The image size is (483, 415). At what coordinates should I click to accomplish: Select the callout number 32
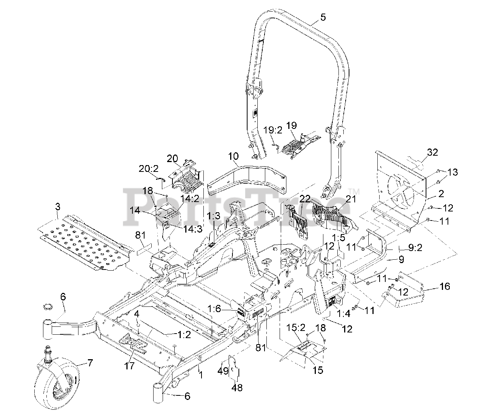[433, 153]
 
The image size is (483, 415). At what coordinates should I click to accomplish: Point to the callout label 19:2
[273, 130]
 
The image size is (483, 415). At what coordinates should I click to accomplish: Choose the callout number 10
[233, 156]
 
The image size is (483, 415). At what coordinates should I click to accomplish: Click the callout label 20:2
[148, 169]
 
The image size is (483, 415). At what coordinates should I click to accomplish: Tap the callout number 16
[445, 286]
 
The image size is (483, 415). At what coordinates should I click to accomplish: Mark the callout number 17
[129, 365]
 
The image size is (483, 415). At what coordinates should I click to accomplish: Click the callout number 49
[223, 371]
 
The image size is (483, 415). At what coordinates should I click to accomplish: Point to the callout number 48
[237, 387]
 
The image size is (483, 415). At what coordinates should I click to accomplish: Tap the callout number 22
[305, 199]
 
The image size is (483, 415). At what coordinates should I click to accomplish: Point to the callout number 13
[453, 172]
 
